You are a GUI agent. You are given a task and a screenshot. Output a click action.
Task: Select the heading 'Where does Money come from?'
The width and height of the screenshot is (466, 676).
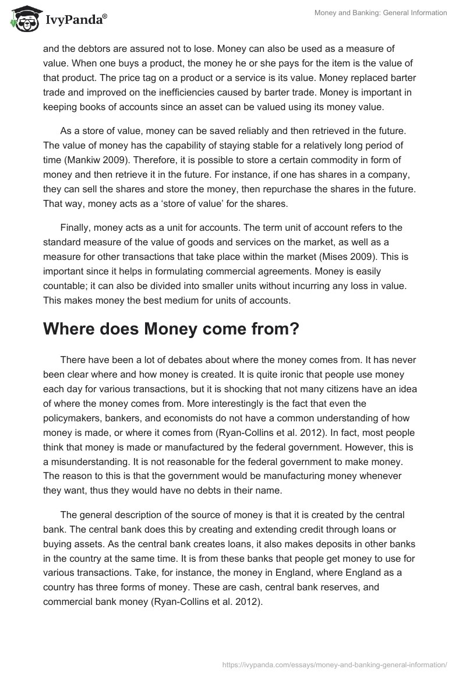click(171, 329)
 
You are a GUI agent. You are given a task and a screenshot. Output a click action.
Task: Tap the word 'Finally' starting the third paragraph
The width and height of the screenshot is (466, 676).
click(77, 227)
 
